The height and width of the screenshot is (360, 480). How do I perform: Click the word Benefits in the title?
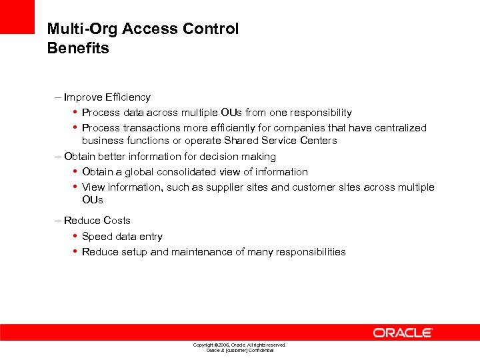tap(78, 48)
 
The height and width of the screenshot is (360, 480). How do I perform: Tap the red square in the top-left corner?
tap(17, 17)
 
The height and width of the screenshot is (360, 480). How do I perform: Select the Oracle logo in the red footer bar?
tap(403, 333)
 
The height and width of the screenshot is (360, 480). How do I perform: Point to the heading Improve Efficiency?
tap(107, 97)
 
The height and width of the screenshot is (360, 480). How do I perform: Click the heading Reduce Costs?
tap(97, 221)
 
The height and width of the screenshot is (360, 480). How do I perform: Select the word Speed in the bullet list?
tap(96, 237)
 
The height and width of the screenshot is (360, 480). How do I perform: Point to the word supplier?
tap(213, 187)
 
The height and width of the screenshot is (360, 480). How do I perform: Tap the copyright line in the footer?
tap(239, 345)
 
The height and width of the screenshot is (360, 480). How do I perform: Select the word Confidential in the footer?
tap(261, 350)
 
